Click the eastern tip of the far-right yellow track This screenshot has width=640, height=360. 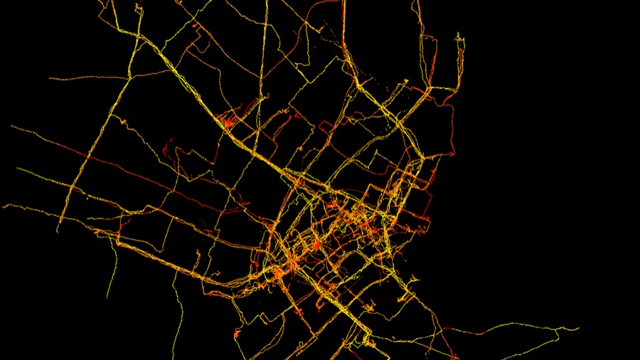click(x=578, y=329)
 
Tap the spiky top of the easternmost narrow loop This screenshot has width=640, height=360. click(x=461, y=35)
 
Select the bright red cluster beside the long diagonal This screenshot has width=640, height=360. click(x=228, y=122)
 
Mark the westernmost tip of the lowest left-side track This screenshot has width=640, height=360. click(x=4, y=206)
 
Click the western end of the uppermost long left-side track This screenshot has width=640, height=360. click(x=11, y=127)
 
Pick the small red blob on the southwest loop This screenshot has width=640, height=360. click(x=239, y=332)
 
